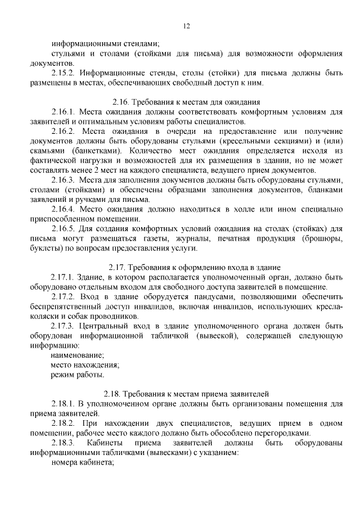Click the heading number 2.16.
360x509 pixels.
121,102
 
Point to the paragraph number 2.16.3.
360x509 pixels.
63,180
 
